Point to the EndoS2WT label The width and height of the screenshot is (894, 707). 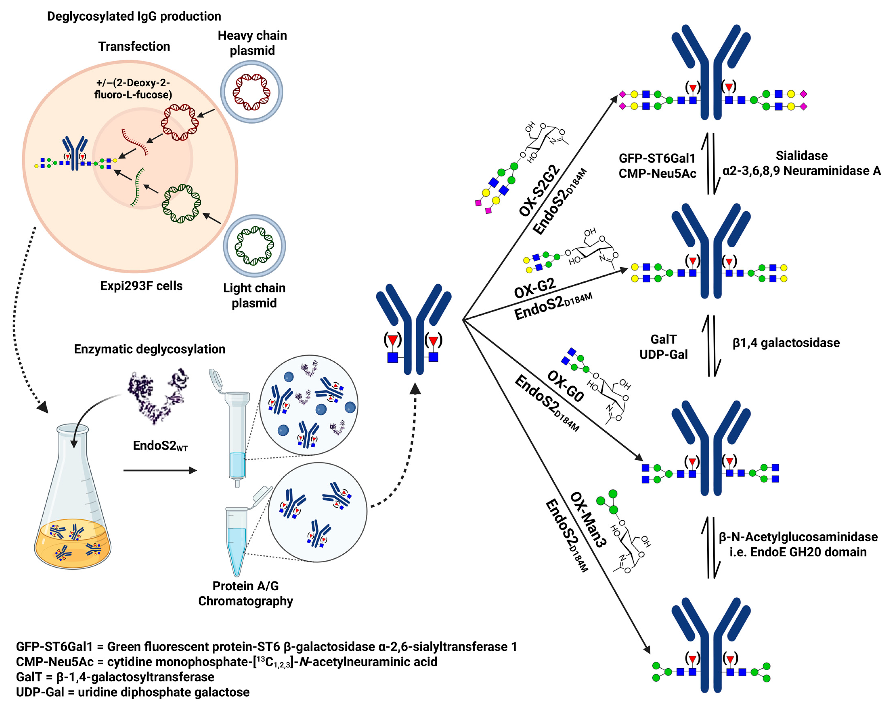click(x=160, y=446)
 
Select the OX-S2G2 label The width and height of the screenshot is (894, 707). click(x=539, y=190)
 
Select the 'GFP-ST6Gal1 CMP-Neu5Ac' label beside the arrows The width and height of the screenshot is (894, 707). click(x=657, y=166)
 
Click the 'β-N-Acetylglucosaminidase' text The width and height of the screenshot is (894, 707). click(x=798, y=537)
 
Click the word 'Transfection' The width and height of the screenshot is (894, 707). click(x=134, y=46)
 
